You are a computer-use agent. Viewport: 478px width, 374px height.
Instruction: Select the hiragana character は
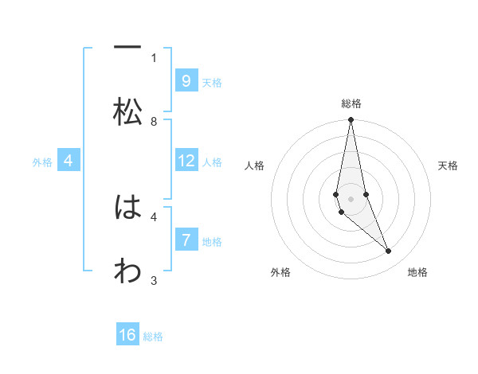tap(127, 208)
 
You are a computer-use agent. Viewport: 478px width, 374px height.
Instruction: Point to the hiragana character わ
tap(127, 271)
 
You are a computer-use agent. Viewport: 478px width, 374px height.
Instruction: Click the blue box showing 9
tap(186, 80)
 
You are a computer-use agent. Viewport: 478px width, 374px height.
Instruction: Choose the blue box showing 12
tap(186, 161)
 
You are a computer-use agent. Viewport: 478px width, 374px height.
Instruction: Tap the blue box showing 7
tap(186, 240)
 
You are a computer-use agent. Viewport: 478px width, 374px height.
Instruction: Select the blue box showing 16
tap(127, 335)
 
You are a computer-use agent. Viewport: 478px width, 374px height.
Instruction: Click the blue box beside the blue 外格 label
tap(69, 161)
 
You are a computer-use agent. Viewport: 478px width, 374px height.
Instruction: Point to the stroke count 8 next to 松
tap(154, 122)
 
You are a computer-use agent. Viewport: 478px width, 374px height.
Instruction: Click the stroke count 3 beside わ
tap(154, 280)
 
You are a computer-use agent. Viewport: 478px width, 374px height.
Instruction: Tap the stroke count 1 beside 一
tap(154, 57)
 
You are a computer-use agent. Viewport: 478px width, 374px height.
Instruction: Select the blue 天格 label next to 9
tap(212, 82)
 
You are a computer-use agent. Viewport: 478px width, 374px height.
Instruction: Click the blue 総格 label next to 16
tap(153, 337)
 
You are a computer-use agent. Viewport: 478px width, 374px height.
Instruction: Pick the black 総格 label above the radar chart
tap(351, 103)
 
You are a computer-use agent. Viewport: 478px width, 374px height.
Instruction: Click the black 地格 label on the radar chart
tap(417, 272)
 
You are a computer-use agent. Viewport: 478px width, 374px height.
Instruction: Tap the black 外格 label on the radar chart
tap(280, 272)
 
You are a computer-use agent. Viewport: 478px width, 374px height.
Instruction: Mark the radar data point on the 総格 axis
tap(351, 121)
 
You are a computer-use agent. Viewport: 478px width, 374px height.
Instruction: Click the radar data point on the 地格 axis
tap(389, 251)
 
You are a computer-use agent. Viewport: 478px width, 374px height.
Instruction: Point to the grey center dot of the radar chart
tap(351, 198)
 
